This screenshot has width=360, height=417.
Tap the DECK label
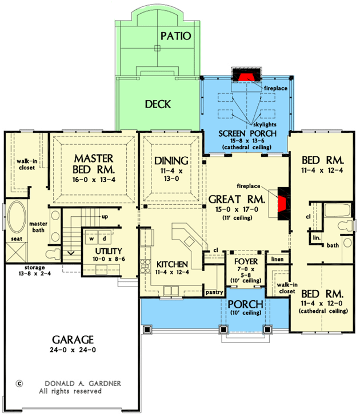[158, 104]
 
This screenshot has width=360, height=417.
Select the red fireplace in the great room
[282, 204]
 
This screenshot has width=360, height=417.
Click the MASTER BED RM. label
[94, 164]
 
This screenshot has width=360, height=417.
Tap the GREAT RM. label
[235, 200]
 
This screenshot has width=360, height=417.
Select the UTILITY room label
[101, 251]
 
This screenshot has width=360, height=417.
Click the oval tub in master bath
[15, 219]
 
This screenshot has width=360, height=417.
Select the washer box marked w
[90, 237]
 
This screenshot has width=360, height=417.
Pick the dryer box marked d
[105, 237]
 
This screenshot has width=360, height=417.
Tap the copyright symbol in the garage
[19, 384]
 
